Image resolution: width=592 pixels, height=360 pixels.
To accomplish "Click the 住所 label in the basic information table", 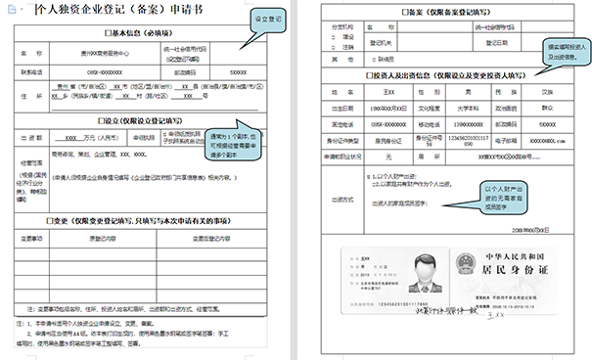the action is (x=33, y=94).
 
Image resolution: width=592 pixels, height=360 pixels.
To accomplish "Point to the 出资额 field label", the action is (x=33, y=138).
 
